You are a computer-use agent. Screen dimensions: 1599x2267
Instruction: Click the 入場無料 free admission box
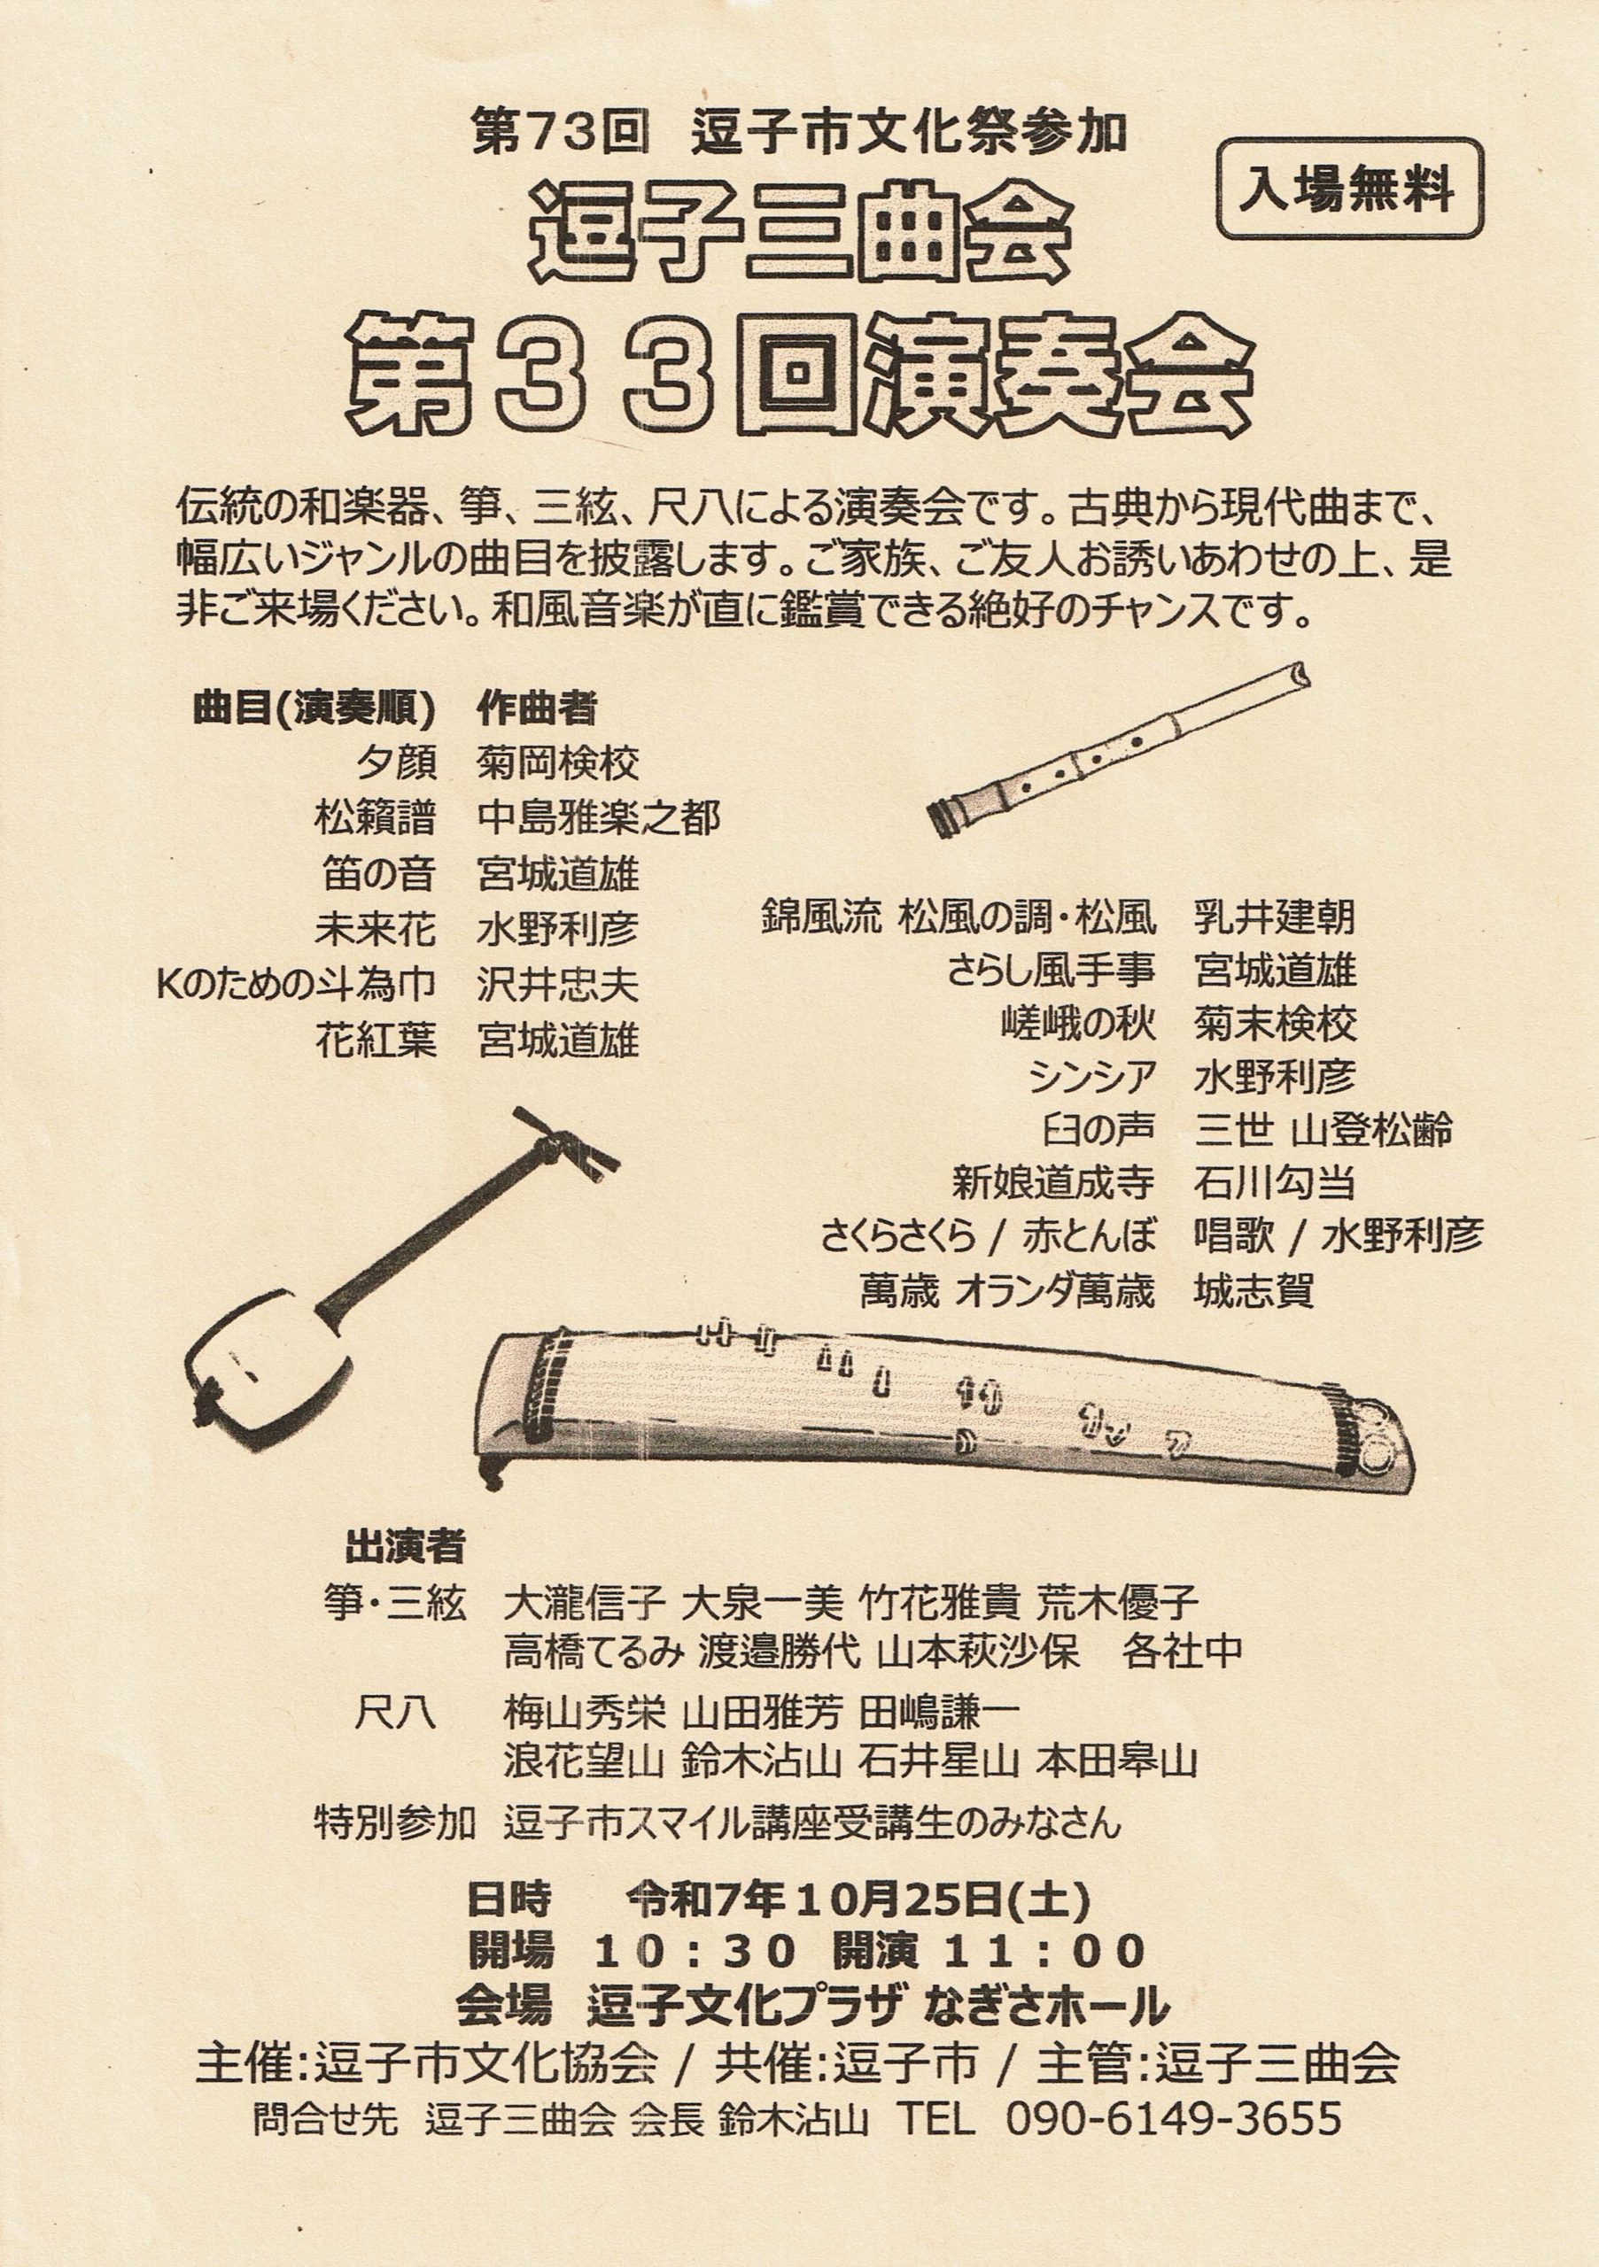[x=1351, y=190]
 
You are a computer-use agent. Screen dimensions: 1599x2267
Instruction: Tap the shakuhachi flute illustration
[x=1119, y=749]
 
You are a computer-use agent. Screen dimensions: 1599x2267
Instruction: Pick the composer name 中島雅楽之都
[x=599, y=818]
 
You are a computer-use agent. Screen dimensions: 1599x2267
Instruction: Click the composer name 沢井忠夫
[x=558, y=986]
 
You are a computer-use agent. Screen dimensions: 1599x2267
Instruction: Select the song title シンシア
[x=1091, y=1076]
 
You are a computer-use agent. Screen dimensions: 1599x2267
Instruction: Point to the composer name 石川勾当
[x=1275, y=1183]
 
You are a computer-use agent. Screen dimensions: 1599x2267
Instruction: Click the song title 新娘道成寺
[x=1052, y=1183]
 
